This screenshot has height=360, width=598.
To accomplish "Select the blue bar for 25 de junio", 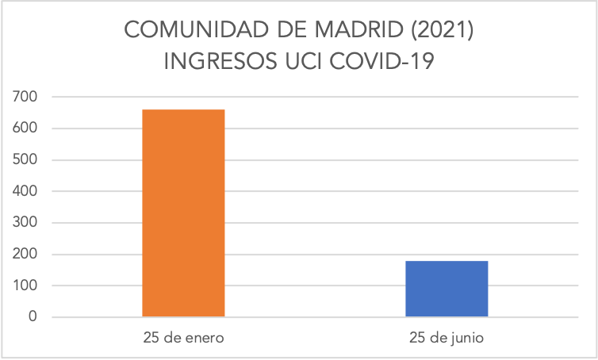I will (447, 289).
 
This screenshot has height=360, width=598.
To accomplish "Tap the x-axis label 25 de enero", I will (183, 338).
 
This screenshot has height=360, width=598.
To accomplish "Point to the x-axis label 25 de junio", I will (447, 338).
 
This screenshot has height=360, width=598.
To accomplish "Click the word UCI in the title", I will (299, 63).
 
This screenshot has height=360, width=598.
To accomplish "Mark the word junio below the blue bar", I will (466, 338).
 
